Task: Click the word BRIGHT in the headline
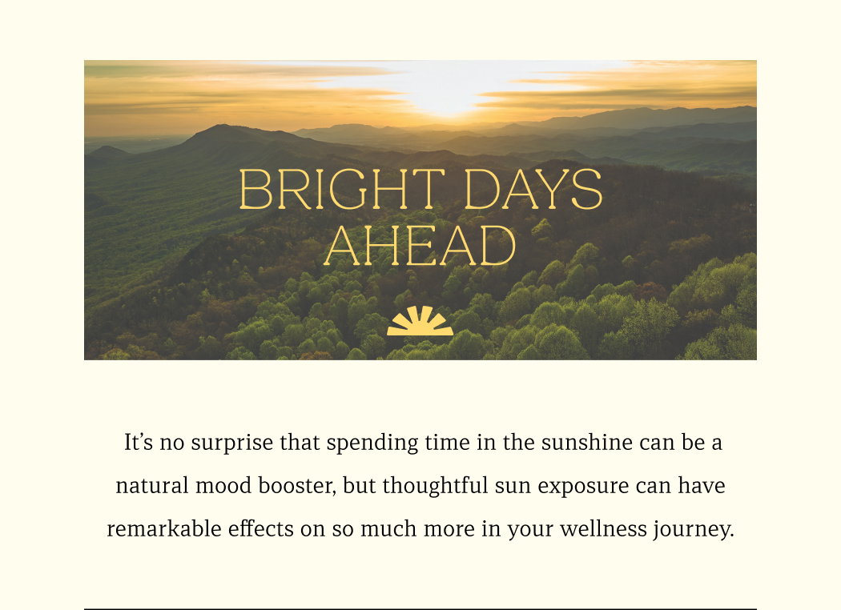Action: tap(342, 189)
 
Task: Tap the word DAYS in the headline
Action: tap(533, 189)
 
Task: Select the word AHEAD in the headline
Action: tap(420, 245)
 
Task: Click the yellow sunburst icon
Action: tap(420, 320)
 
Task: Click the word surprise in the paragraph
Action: tap(231, 443)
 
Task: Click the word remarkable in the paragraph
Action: tap(164, 529)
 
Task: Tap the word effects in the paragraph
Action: tap(260, 529)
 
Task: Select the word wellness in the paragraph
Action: tap(603, 529)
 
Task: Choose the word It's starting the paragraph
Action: tap(139, 443)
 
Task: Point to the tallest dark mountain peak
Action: tap(220, 127)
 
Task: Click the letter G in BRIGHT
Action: tap(348, 189)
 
